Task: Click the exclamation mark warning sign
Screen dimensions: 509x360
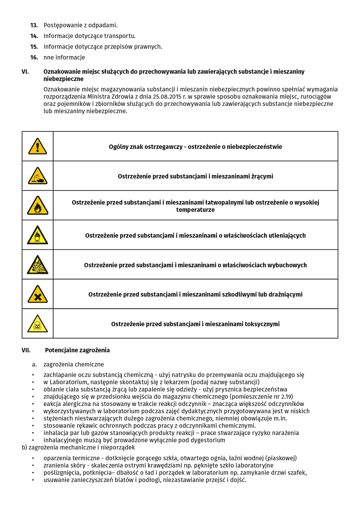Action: coord(38,146)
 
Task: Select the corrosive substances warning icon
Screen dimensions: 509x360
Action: coord(38,176)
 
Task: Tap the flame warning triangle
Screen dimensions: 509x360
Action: coord(38,206)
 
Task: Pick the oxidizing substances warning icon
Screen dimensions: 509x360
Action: coord(38,235)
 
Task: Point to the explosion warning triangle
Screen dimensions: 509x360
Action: coord(38,265)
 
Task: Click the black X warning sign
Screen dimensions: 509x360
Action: coord(38,295)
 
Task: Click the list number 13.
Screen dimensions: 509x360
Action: coord(34,25)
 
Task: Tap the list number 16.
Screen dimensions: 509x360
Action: coord(34,58)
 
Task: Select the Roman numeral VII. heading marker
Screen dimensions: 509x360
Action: coord(26,350)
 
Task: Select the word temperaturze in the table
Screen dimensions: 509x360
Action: coord(195,210)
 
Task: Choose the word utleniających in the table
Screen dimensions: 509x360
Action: coord(285,236)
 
